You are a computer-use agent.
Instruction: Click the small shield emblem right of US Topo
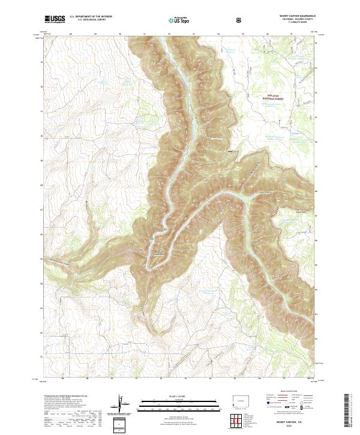click(240, 20)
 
